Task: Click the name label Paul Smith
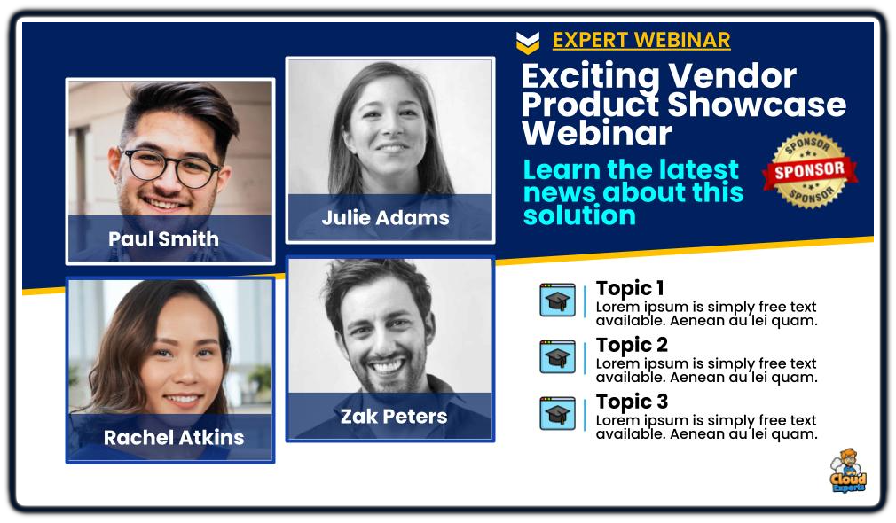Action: point(163,238)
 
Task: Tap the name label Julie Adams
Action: point(386,217)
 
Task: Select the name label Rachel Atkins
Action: point(174,437)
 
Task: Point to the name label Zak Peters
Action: point(394,417)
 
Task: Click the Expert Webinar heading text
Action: point(641,40)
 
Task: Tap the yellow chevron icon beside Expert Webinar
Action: point(528,43)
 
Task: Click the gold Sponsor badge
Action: point(810,169)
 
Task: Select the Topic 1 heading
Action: point(630,288)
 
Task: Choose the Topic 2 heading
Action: point(632,345)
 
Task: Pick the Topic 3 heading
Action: point(632,402)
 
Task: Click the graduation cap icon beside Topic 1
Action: point(558,300)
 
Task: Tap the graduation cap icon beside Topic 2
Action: point(558,356)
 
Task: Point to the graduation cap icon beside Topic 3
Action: point(558,413)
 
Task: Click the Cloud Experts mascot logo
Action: point(849,471)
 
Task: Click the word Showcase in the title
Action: point(757,105)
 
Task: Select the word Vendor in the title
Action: point(732,75)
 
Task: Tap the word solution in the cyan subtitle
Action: point(579,215)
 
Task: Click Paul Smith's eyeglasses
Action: point(169,168)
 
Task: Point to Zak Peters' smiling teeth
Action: point(386,366)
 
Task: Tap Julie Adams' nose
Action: point(393,131)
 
